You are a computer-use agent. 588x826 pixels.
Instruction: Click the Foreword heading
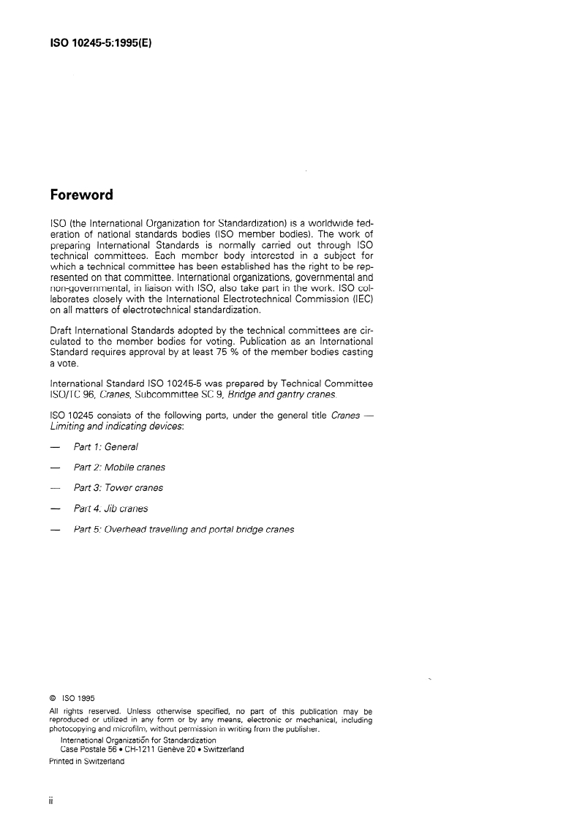81,195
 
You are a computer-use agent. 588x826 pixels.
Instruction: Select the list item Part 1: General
105,446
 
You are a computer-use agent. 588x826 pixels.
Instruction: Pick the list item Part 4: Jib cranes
110,508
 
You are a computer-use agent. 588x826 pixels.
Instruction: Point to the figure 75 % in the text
215,353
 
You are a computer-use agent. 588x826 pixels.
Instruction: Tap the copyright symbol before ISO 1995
53,698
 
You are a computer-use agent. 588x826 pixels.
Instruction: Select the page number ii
51,800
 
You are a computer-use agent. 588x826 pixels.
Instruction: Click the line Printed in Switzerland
86,761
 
